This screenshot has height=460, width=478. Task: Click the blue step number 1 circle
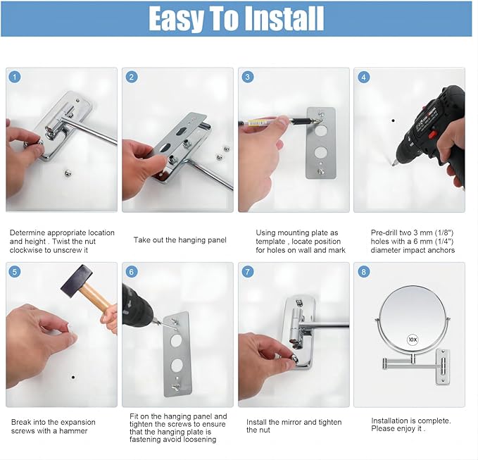tap(15, 77)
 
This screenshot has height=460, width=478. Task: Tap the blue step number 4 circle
tap(363, 77)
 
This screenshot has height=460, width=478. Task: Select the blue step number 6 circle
tap(132, 271)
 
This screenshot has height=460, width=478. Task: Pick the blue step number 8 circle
tap(363, 271)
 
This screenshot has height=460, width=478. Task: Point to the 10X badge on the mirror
tap(413, 340)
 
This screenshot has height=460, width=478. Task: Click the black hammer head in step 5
tap(77, 281)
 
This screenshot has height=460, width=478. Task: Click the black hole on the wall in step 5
tap(73, 377)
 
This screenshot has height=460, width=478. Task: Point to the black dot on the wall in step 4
tap(393, 120)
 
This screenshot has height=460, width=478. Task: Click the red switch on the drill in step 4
tap(432, 135)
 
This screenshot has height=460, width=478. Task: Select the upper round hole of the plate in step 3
tap(321, 131)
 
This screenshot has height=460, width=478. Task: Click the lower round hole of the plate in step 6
tap(177, 365)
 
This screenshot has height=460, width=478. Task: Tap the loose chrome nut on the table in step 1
tap(68, 174)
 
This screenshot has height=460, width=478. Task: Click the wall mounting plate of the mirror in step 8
tap(443, 366)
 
